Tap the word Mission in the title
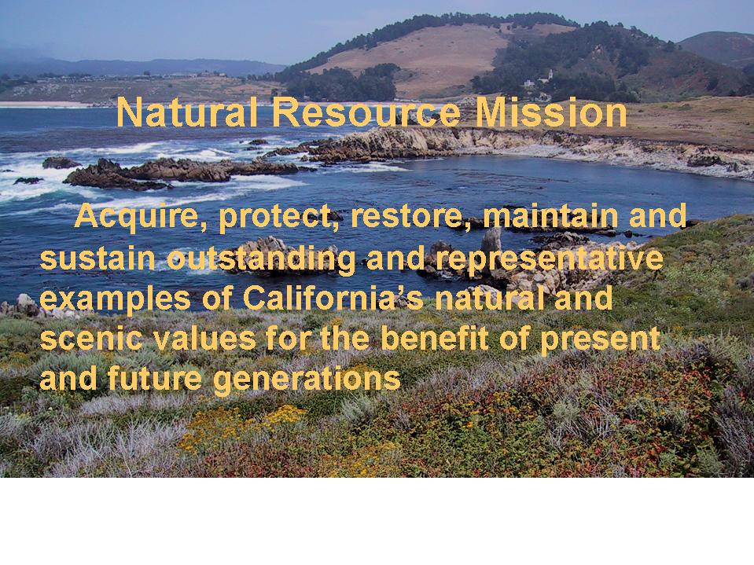click(x=551, y=112)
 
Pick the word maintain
click(x=550, y=216)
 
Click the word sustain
click(x=97, y=258)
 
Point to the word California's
click(x=333, y=298)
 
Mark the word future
click(x=153, y=379)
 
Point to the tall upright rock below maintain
click(x=491, y=240)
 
